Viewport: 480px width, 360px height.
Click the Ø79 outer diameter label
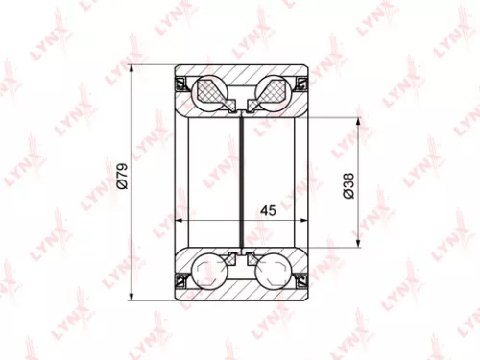123,180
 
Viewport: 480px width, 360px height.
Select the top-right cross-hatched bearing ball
270,93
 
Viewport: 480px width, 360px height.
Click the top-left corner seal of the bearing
180,83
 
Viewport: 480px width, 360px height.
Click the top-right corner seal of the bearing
301,83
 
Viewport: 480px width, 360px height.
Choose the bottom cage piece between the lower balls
240,257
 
